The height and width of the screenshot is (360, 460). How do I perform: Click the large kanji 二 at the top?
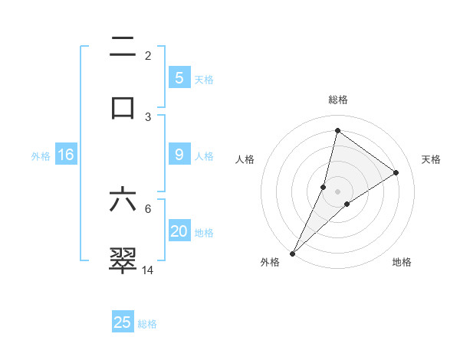pos(123,47)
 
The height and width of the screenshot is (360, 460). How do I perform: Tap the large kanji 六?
pos(123,198)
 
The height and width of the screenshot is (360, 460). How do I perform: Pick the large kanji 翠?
pos(123,259)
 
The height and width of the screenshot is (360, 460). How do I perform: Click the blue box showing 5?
pos(179,78)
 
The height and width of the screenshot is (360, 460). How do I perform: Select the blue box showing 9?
pos(179,155)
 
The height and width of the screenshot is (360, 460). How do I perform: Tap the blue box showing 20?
pos(179,231)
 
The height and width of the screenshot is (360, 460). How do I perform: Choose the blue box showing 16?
pos(66,155)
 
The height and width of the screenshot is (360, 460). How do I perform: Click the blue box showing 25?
pos(123,322)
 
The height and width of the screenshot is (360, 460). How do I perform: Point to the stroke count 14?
pos(148,270)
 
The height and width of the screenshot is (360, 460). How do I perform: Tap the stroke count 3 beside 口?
pos(148,116)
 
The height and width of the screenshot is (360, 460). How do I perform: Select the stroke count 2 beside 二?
pos(148,56)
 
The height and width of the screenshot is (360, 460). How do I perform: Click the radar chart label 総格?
pos(337,100)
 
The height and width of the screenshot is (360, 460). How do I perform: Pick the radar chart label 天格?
pos(431,159)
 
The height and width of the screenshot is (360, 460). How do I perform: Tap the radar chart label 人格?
pos(245,159)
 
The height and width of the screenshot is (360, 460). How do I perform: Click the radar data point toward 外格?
pos(292,253)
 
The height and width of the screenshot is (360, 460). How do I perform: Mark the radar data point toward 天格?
pos(396,173)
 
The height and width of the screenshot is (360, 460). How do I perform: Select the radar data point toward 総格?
pos(337,130)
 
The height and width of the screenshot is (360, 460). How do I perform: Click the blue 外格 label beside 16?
pos(41,155)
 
